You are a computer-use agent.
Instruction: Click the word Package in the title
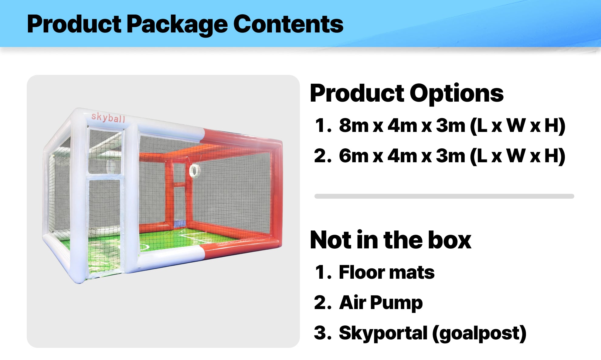pyautogui.click(x=177, y=24)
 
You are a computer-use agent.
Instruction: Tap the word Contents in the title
pyautogui.click(x=288, y=24)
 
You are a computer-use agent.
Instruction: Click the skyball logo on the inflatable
pyautogui.click(x=108, y=117)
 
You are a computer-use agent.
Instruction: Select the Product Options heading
pyautogui.click(x=407, y=93)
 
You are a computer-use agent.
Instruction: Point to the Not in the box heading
pyautogui.click(x=391, y=240)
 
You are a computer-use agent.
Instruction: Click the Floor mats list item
pyautogui.click(x=387, y=272)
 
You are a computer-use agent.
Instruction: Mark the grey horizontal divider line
pyautogui.click(x=444, y=196)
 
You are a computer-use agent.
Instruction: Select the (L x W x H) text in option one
pyautogui.click(x=518, y=126)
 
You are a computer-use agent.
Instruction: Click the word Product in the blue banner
pyautogui.click(x=74, y=24)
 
